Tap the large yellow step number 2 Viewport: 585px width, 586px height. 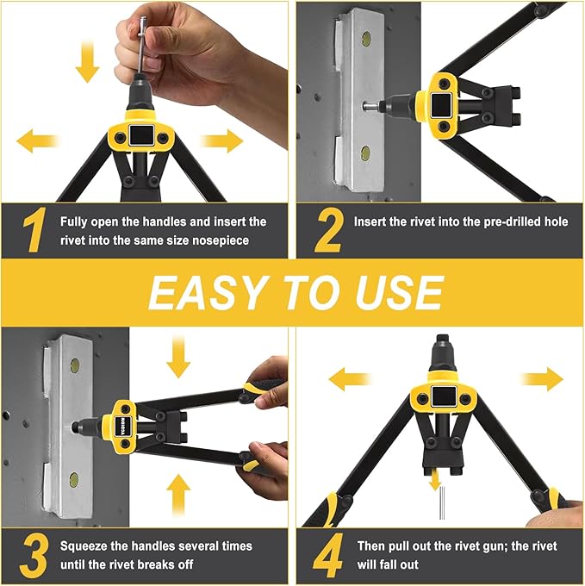click(328, 230)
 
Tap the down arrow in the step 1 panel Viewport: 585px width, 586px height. click(86, 63)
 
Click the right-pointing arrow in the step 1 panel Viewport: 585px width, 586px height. click(221, 140)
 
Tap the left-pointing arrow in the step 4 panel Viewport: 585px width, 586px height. click(350, 377)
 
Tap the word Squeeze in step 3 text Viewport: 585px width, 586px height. click(84, 545)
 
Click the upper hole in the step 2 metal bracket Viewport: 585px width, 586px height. click(366, 39)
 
